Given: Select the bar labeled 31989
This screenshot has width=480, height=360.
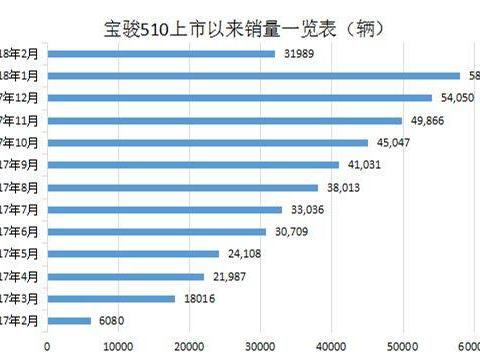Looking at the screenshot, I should (x=160, y=53).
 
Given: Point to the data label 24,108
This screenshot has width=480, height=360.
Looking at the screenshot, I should (x=246, y=253).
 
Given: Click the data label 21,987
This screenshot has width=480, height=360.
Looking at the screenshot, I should (x=231, y=276).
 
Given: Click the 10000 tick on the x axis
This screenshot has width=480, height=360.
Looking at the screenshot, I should (x=118, y=347).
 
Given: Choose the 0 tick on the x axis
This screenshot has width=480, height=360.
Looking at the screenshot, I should (x=47, y=347).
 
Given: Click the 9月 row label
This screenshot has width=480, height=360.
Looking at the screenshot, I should (x=20, y=164).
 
